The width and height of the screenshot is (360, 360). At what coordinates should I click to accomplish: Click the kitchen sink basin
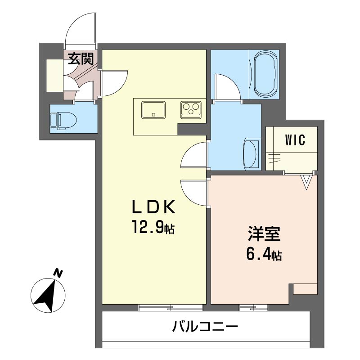153,110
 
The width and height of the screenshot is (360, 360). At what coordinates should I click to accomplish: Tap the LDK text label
153,207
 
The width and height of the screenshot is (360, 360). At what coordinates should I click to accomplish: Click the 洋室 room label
264,235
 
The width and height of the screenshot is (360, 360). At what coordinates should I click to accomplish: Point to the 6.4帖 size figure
264,255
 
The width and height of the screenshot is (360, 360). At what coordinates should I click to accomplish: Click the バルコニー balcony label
205,326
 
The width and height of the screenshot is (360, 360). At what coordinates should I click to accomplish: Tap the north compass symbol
48,296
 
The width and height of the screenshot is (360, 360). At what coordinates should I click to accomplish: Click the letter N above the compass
58,272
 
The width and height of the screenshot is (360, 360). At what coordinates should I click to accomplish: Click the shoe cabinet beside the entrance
54,75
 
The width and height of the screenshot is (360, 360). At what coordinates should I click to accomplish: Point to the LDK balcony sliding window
171,308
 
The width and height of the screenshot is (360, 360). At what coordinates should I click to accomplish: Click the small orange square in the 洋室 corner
305,289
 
